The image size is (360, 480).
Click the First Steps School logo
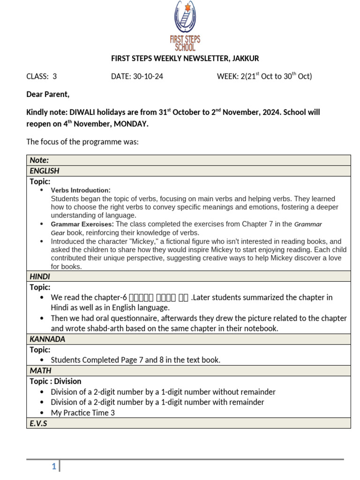[x=185, y=26]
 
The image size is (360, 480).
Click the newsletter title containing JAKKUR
[x=185, y=59]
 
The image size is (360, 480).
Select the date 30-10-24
[x=137, y=76]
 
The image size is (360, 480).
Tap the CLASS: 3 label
[x=41, y=76]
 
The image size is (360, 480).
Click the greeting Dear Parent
[x=48, y=95]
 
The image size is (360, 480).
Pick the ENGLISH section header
[x=45, y=171]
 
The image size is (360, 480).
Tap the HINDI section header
[x=40, y=277]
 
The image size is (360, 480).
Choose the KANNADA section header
[x=47, y=339]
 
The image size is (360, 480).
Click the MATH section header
[x=40, y=371]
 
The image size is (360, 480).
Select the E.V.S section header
[x=38, y=423]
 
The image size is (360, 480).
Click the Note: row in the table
[x=39, y=160]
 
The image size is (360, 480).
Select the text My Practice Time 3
[x=83, y=413]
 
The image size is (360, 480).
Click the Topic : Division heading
[x=56, y=381]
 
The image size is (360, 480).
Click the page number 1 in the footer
[x=54, y=466]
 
